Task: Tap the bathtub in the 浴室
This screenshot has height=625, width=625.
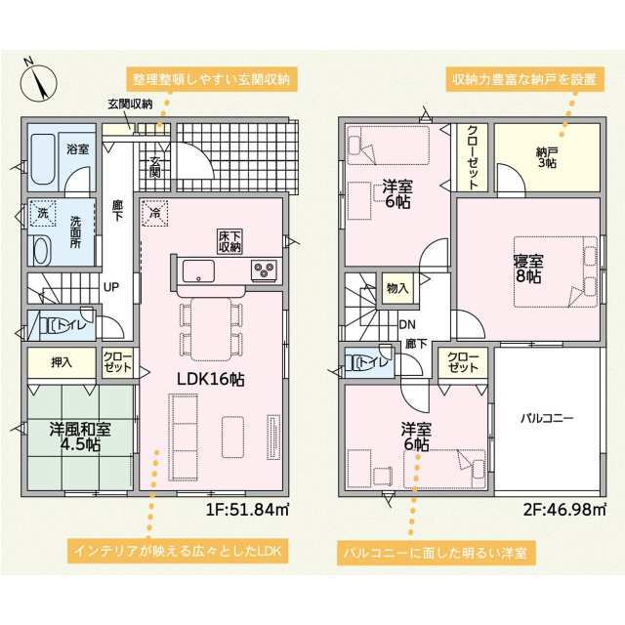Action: [x=43, y=159]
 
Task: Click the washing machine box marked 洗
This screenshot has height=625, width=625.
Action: [x=43, y=213]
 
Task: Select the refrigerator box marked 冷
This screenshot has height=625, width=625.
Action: [x=155, y=213]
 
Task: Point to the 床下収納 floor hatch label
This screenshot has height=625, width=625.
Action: [x=229, y=241]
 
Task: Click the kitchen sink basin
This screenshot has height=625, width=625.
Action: [x=198, y=271]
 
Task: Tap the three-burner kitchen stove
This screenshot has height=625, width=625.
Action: [x=264, y=271]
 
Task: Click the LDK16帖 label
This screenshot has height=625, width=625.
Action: [x=211, y=380]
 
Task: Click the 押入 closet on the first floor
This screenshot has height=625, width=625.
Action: [x=62, y=361]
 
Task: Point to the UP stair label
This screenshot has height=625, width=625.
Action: [x=111, y=287]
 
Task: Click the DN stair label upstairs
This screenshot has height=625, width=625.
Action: [x=407, y=324]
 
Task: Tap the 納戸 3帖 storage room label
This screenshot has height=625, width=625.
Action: [x=547, y=157]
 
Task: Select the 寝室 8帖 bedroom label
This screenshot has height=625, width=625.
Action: [x=528, y=270]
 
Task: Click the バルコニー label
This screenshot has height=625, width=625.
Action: [x=547, y=418]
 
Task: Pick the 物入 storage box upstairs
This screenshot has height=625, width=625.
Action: [x=397, y=288]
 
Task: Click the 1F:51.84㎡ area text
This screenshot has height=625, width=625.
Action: [x=247, y=510]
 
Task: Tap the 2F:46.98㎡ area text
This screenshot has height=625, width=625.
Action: [x=564, y=510]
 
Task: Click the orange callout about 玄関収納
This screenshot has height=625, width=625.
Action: [x=212, y=79]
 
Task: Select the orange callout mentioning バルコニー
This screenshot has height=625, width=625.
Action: [x=436, y=553]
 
